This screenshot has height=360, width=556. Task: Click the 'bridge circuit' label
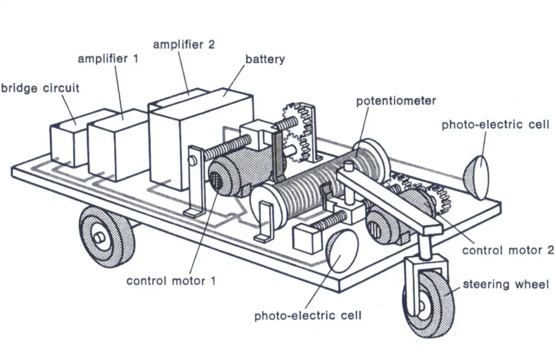[40, 88]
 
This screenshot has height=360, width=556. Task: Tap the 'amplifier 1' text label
[108, 59]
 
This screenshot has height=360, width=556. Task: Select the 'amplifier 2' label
[184, 44]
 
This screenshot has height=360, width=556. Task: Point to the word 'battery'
[265, 59]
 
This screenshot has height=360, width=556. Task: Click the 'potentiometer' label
[396, 101]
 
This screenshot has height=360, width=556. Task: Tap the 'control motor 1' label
[171, 281]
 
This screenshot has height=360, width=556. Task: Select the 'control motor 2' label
[508, 250]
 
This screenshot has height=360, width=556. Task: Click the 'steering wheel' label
[506, 284]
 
